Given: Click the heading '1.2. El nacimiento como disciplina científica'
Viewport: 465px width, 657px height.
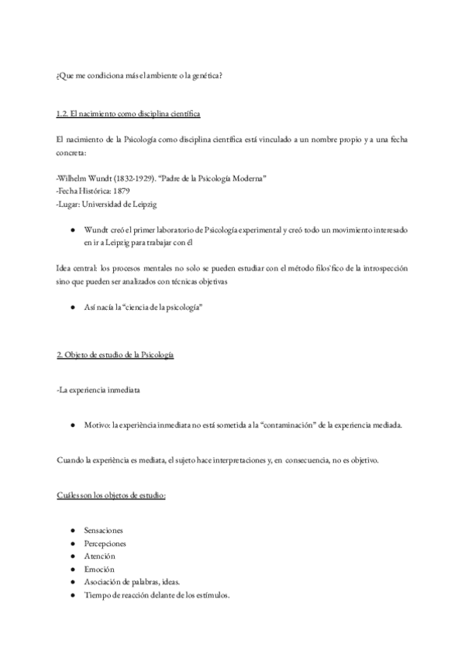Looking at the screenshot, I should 129,115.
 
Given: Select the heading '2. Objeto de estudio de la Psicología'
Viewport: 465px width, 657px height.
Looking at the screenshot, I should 115,355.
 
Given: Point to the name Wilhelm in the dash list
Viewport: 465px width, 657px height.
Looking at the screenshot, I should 74,177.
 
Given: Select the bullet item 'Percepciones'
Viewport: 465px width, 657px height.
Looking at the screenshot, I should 105,543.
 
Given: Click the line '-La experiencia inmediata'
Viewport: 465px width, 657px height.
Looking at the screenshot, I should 98,390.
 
